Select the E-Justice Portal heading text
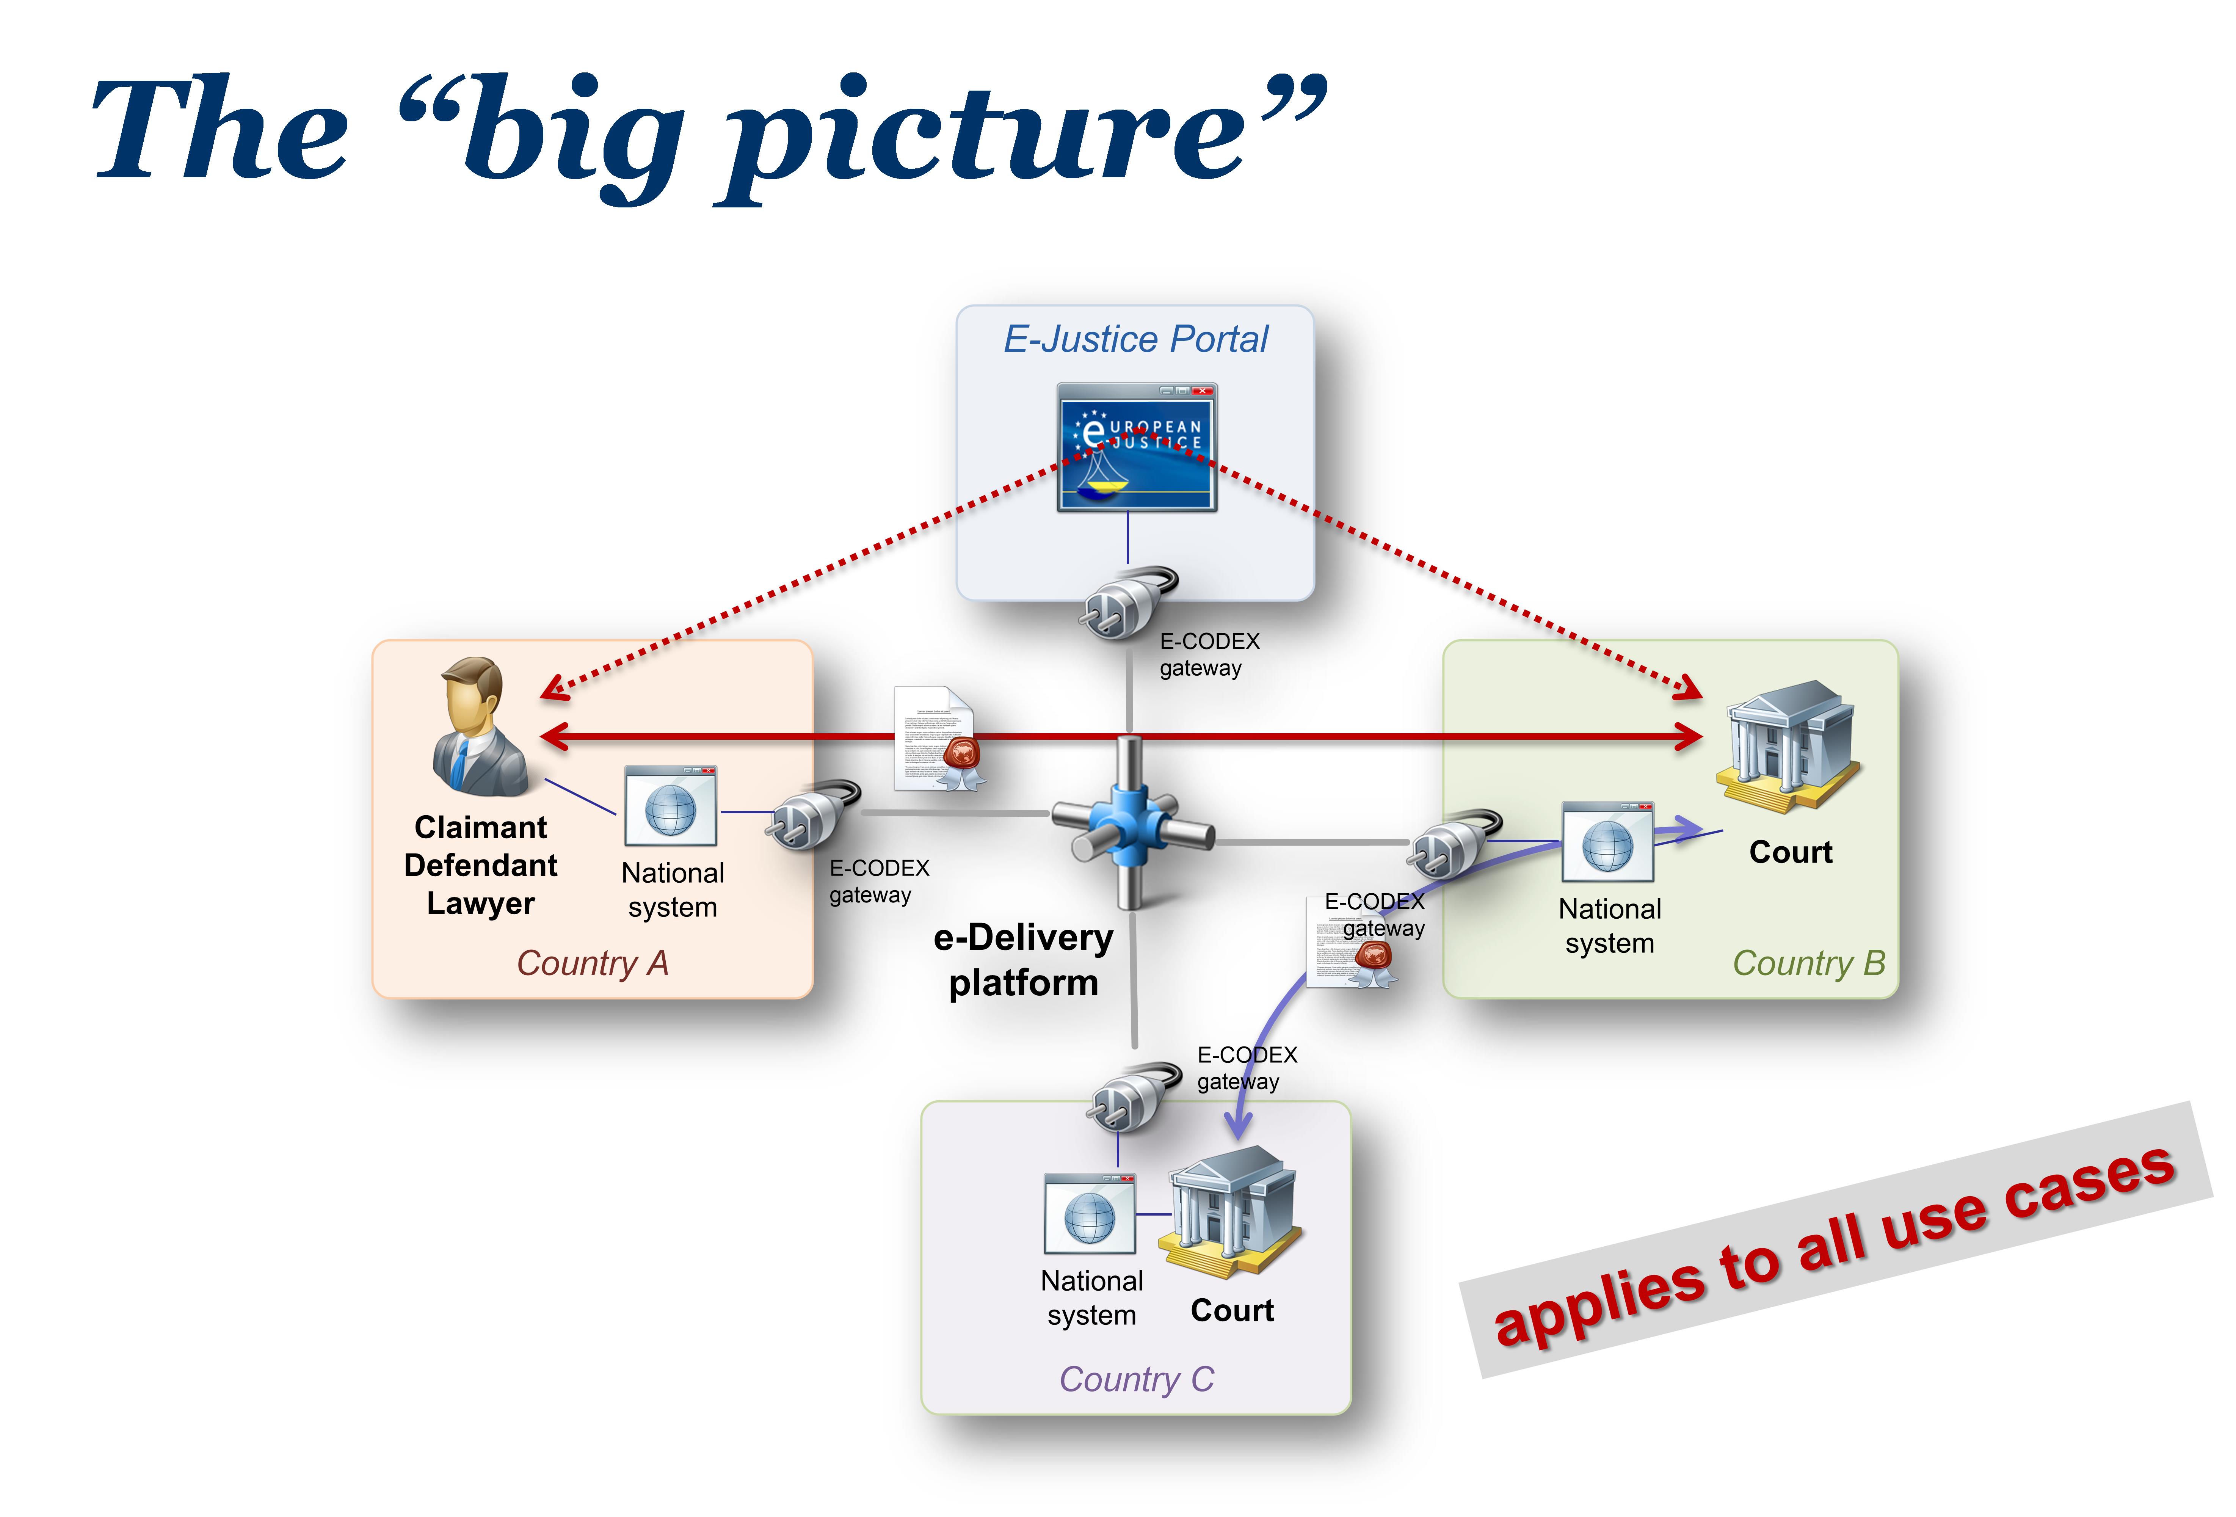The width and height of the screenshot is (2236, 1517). (x=1135, y=340)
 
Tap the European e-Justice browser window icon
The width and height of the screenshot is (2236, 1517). (x=1136, y=447)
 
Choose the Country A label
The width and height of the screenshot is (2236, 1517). (x=592, y=963)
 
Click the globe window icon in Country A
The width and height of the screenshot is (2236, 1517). (x=671, y=806)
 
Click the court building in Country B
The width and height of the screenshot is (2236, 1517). (x=1788, y=745)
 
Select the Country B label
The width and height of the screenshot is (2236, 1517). (x=1808, y=963)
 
